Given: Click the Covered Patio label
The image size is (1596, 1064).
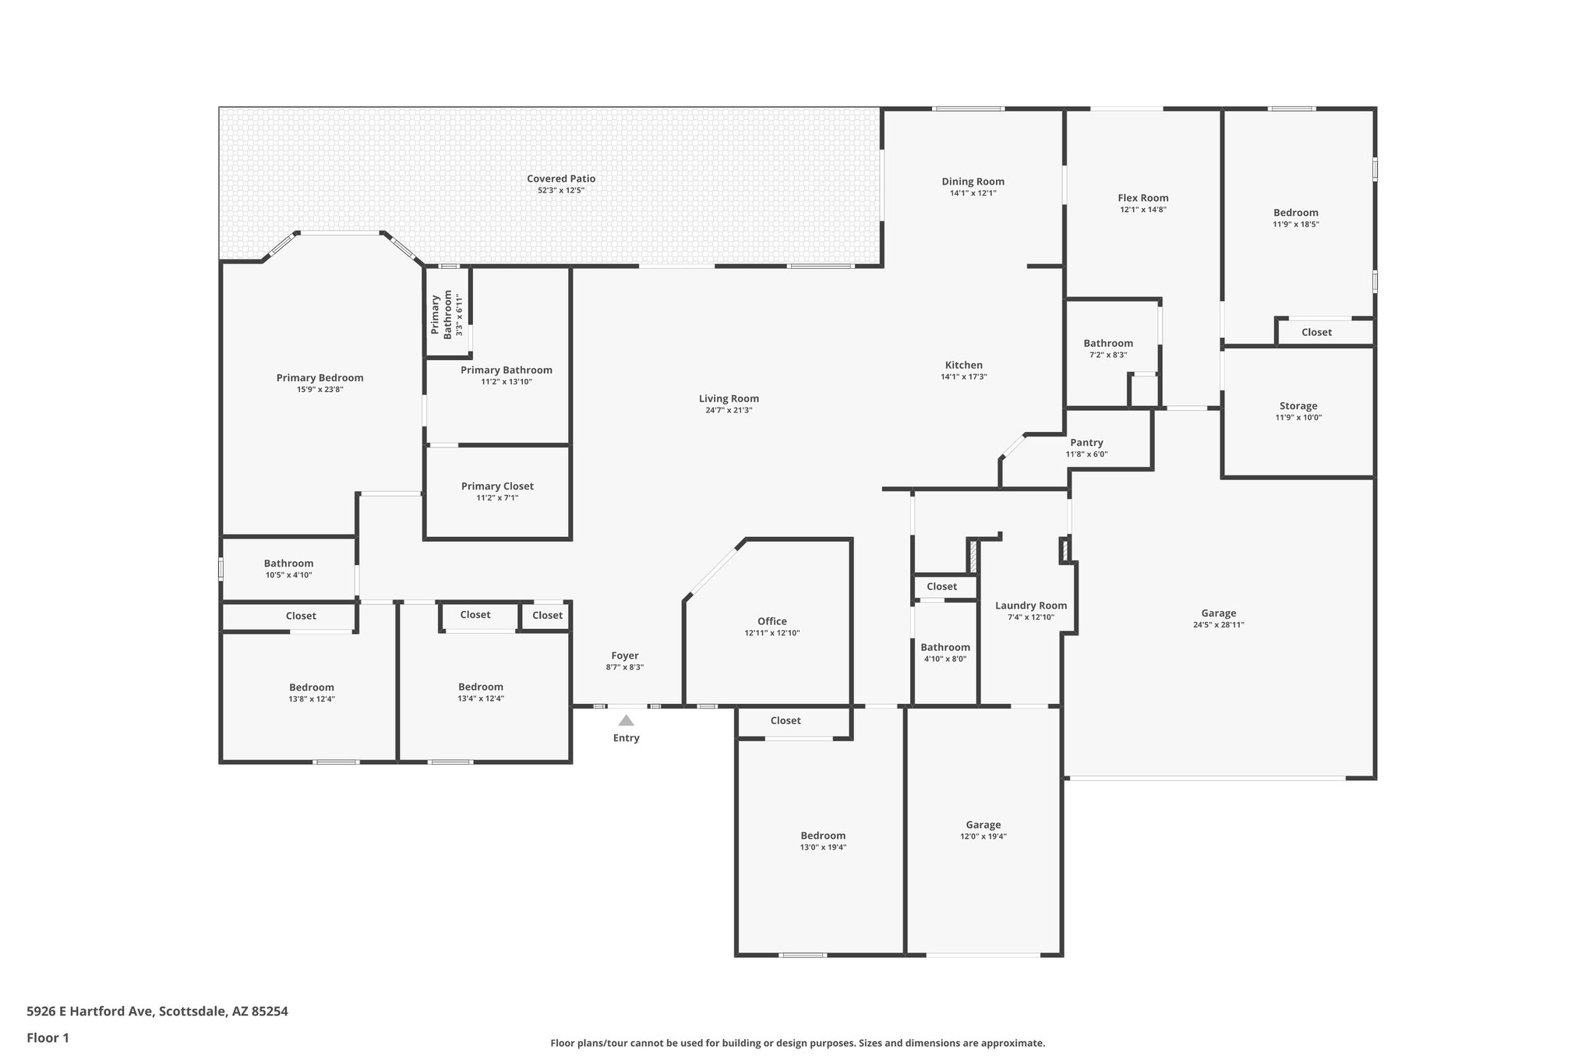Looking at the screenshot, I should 560,179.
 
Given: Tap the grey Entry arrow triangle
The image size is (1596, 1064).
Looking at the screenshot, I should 626,720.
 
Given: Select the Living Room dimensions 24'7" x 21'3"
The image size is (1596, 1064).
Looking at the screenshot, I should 729,410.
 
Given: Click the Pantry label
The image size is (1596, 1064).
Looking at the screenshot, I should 1086,443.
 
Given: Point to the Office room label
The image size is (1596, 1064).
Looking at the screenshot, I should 772,621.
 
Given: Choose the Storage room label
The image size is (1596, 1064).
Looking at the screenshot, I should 1298,406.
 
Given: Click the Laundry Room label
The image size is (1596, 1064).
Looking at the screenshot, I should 1031,606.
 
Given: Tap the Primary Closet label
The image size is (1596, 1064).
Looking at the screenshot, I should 497,486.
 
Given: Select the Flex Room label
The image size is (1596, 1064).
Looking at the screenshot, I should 1143,198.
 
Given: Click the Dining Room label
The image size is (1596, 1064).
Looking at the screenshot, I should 973,182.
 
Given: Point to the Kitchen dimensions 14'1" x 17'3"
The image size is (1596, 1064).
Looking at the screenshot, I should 964,376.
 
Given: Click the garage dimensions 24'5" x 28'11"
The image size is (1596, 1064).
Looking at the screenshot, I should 1218,624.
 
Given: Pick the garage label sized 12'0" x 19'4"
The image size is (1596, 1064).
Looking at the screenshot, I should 983,825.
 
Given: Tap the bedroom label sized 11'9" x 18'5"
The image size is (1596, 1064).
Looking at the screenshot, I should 1296,213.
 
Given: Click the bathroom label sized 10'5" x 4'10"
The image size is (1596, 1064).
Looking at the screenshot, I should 288,564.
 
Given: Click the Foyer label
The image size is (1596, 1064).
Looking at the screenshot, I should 624,656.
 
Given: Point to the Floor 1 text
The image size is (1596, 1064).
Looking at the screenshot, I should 48,1037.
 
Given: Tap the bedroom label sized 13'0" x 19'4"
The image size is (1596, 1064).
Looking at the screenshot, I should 823,836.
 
